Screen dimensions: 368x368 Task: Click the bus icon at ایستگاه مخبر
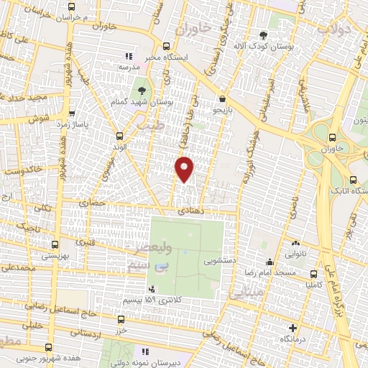[x=167, y=44]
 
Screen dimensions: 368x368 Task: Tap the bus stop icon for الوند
[x=120, y=135]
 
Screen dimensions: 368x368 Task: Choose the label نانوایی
[x=295, y=254]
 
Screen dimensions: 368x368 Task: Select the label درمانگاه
[x=295, y=337]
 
